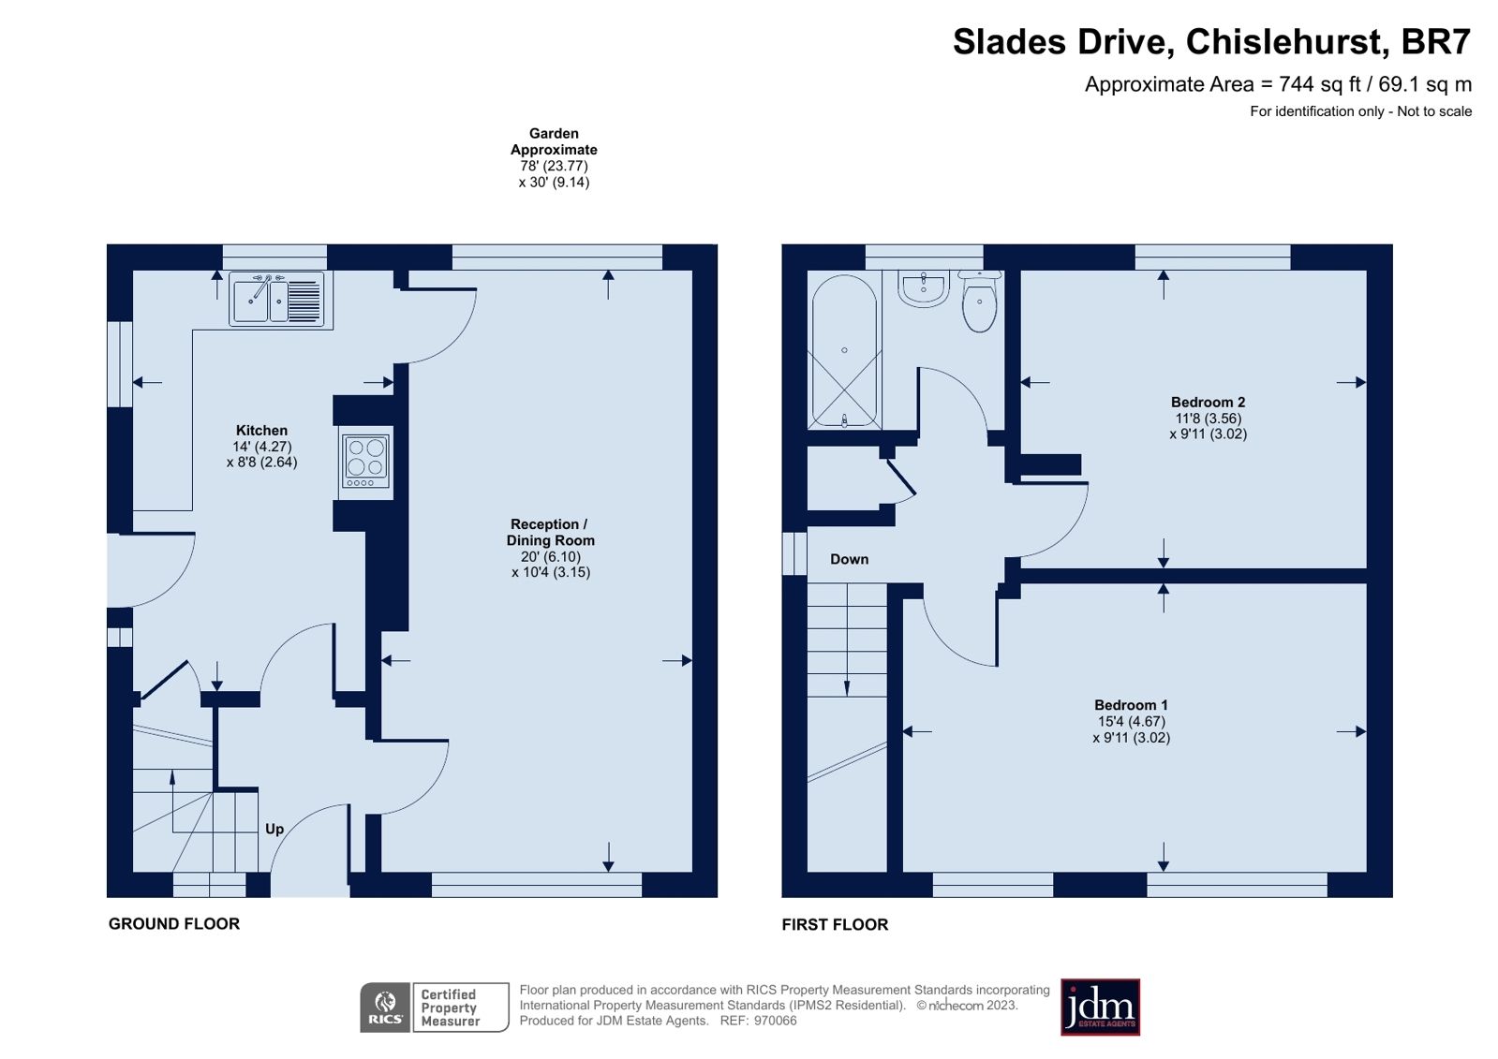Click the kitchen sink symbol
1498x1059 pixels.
click(277, 300)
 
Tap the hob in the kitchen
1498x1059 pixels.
click(365, 461)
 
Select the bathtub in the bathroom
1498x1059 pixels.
click(844, 352)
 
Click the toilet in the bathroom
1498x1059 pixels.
click(979, 302)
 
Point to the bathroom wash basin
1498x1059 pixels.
click(924, 288)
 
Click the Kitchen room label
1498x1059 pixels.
click(261, 431)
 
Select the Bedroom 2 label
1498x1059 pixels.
click(1208, 403)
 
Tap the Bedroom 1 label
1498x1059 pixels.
click(1131, 705)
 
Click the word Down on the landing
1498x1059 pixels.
click(849, 559)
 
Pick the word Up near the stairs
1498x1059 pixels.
click(274, 829)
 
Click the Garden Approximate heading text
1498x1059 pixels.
click(554, 141)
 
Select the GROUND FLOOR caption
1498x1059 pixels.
click(174, 923)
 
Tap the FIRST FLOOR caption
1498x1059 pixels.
click(835, 924)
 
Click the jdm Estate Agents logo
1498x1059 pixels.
click(1100, 1008)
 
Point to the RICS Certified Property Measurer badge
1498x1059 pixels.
click(434, 1008)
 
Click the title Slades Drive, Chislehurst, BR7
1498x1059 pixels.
click(1211, 42)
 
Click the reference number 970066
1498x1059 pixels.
click(775, 1021)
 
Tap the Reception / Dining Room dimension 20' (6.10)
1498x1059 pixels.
click(551, 556)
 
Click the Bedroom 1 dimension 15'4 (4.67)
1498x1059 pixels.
click(1131, 721)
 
